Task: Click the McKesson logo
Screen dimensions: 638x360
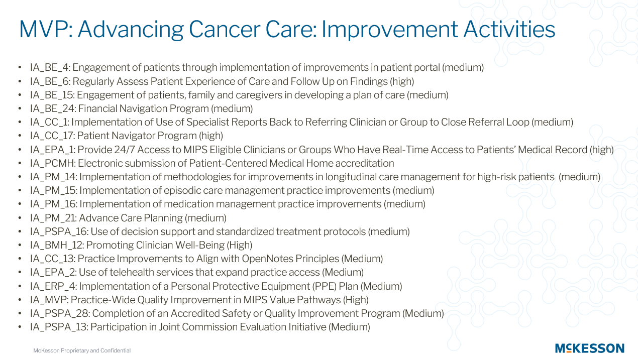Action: [590, 348]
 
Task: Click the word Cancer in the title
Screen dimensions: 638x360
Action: [225, 29]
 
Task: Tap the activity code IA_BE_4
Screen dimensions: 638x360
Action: [50, 68]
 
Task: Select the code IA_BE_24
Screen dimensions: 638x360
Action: [52, 109]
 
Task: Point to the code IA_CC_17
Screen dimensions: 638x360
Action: [52, 136]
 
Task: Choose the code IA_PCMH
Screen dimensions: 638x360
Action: [52, 163]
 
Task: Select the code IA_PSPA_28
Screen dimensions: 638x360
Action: [60, 314]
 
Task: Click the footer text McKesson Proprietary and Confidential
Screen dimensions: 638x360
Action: [82, 350]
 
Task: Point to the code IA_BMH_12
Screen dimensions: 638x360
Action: [57, 246]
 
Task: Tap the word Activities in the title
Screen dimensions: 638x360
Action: [509, 29]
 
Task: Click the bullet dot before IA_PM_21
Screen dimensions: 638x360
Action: [20, 218]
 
